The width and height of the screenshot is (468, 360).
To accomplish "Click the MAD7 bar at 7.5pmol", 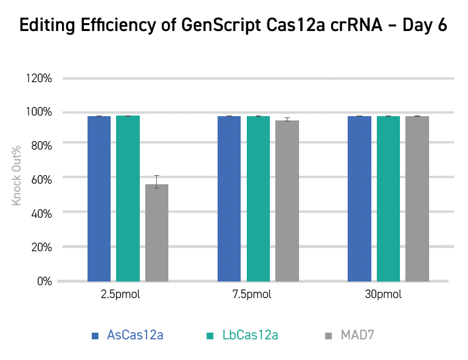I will pos(287,201).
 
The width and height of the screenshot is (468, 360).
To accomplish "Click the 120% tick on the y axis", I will pos(41,78).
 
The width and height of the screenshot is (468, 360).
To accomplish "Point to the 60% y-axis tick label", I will pos(44,178).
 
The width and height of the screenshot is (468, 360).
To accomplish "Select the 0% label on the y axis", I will pos(46,282).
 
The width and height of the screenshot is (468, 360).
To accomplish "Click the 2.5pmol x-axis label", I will pos(122,295).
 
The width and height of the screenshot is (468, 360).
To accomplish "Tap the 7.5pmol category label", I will pos(252,295).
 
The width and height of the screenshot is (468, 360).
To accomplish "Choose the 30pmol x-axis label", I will pos(383,295).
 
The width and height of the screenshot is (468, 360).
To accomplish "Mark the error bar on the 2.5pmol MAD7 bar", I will pos(157,181).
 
